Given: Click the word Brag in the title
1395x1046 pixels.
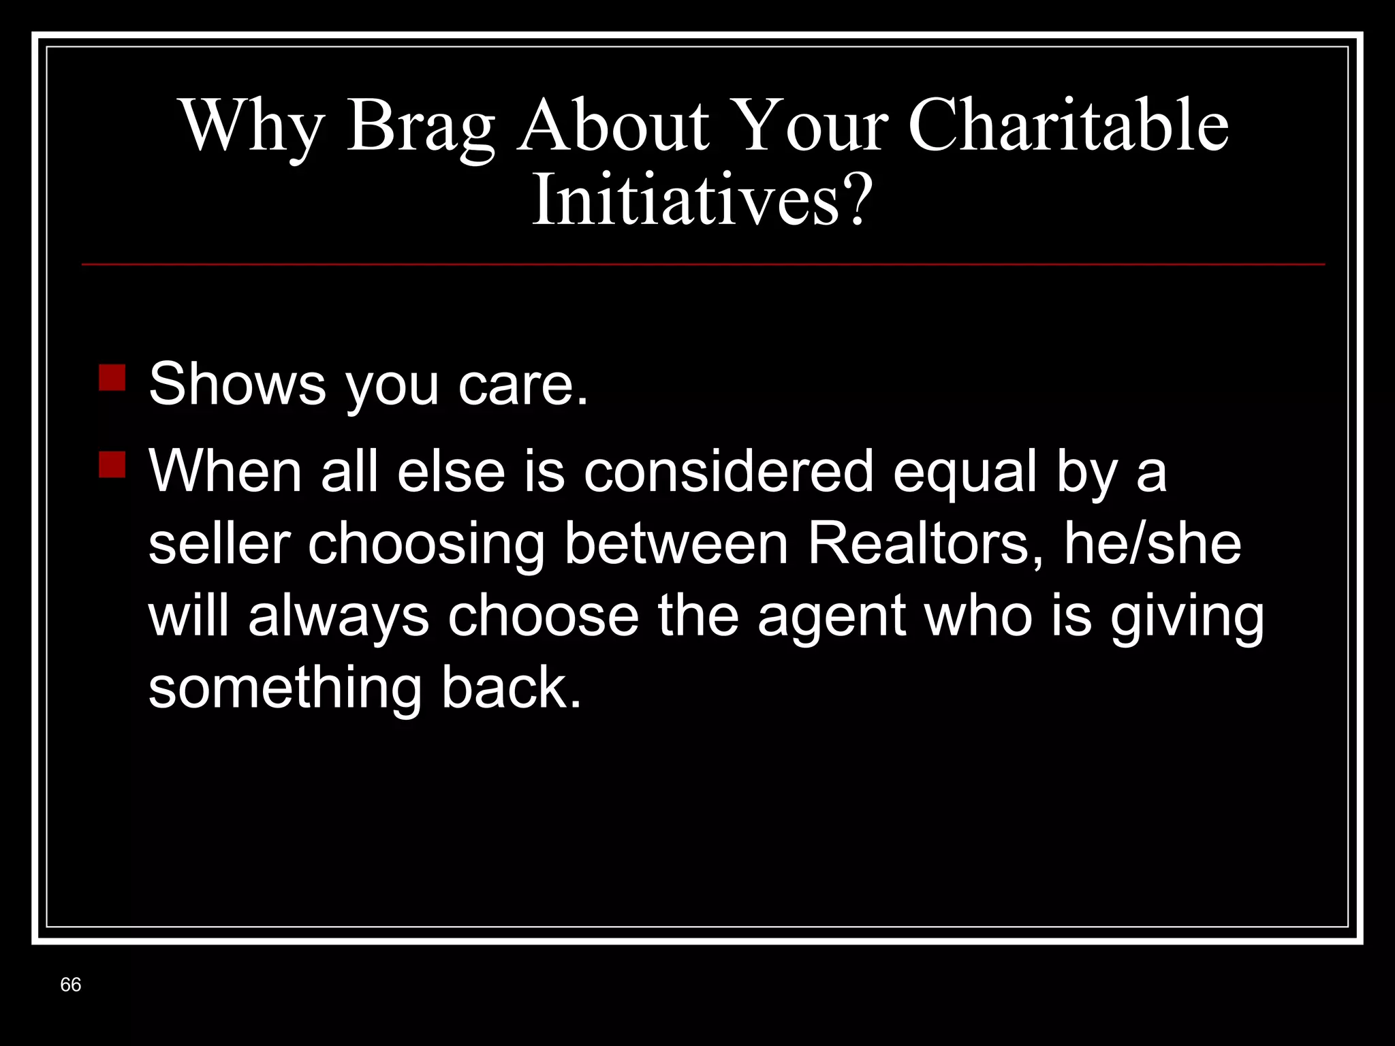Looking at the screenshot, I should [x=421, y=127].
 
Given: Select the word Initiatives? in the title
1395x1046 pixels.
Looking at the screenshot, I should [x=702, y=200].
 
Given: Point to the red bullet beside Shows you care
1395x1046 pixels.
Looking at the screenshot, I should [x=112, y=377].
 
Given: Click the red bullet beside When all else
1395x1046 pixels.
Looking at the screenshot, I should [x=112, y=465].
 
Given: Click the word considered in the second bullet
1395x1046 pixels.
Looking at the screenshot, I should [x=728, y=471].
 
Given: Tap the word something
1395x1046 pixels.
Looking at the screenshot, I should [x=285, y=688].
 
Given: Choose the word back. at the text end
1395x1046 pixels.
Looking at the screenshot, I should [x=511, y=688].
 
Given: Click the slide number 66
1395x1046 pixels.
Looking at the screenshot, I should [x=70, y=985].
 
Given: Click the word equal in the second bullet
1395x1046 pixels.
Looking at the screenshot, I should [x=965, y=473].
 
